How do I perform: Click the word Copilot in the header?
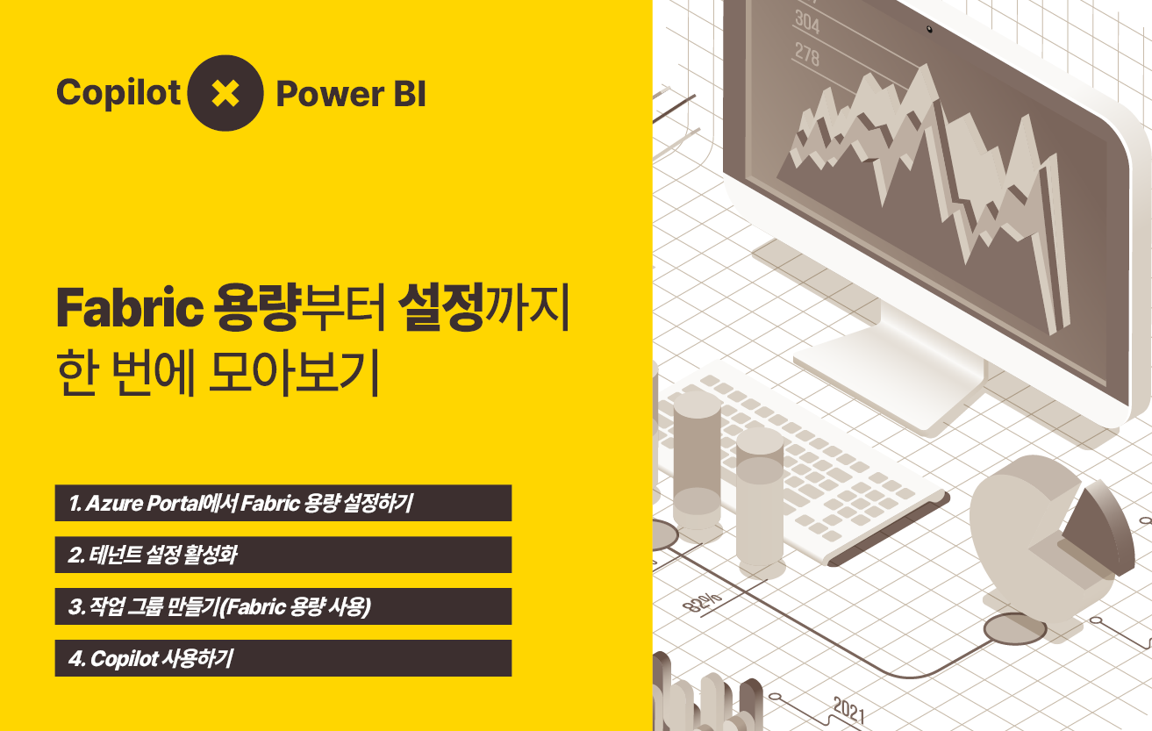coord(118,93)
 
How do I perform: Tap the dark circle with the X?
coord(225,93)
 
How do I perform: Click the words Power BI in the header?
coord(351,94)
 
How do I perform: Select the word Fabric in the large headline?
coord(130,308)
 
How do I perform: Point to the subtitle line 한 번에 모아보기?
coord(218,372)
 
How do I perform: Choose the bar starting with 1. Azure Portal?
coord(283,503)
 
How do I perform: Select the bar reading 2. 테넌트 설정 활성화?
coord(283,555)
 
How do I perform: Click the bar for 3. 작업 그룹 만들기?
coord(283,606)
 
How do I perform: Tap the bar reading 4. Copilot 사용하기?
coord(283,658)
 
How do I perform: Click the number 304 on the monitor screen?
coord(807,22)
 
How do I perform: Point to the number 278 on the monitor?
coord(807,54)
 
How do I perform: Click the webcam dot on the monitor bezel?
coord(929,29)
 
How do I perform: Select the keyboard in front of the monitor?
coord(802,463)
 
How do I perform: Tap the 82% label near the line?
coord(702,602)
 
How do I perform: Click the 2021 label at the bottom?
coord(848,711)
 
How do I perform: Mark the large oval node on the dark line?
coord(1014,629)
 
